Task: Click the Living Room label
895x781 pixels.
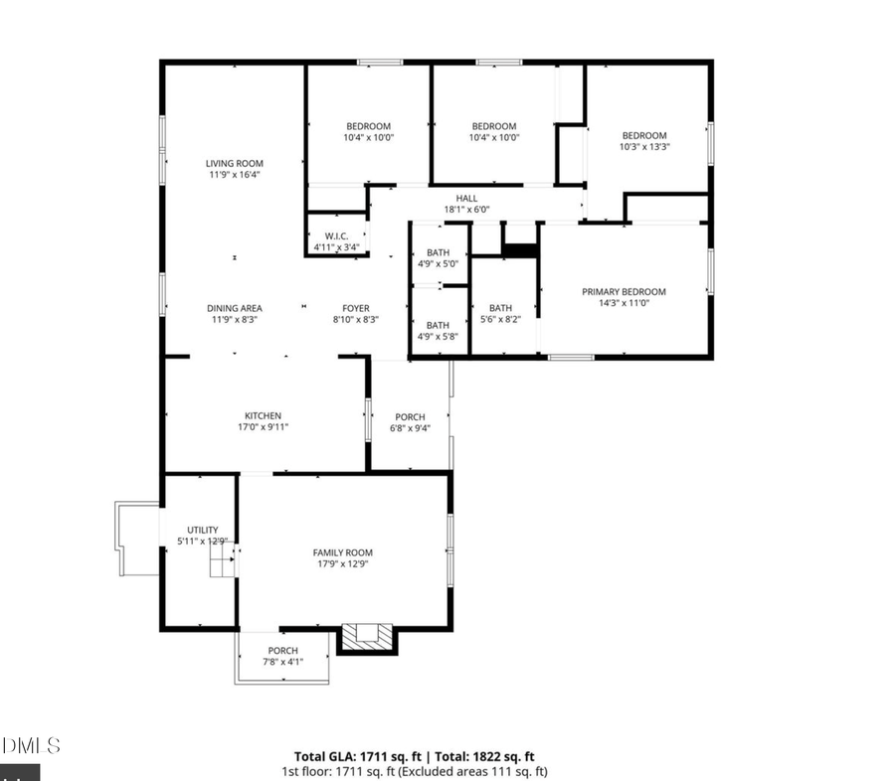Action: (x=235, y=164)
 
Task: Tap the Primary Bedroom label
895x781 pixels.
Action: (x=624, y=292)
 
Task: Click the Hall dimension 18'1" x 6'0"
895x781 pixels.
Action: (x=466, y=210)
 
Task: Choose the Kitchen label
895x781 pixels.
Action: (x=264, y=416)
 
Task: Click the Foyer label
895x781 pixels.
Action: (x=356, y=308)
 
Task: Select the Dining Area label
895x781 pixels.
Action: (x=235, y=308)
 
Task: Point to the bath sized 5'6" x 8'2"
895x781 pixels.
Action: (x=500, y=313)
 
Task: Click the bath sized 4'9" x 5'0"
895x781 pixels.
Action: (x=439, y=257)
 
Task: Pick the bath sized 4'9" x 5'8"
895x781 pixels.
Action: (x=439, y=331)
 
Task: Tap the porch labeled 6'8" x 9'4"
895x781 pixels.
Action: (x=410, y=422)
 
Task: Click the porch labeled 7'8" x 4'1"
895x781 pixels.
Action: (x=282, y=656)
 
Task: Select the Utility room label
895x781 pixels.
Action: (x=203, y=530)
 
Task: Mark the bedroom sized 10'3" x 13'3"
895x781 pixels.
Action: (x=644, y=141)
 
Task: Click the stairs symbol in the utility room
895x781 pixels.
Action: (x=222, y=564)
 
